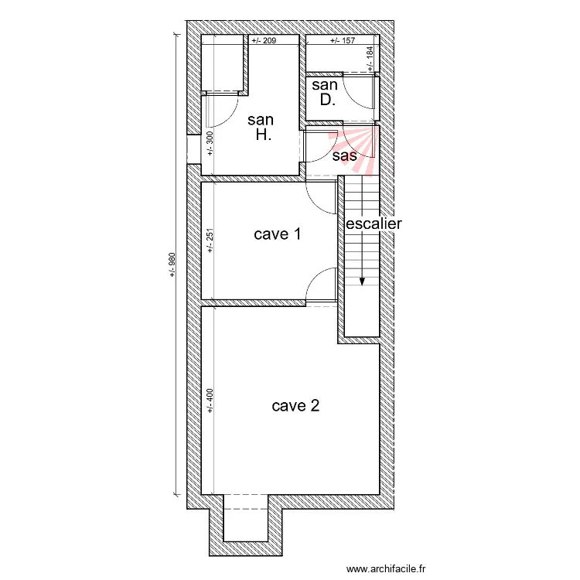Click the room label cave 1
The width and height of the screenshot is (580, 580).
click(x=277, y=234)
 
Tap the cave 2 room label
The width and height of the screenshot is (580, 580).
click(x=295, y=406)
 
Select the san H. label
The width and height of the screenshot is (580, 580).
click(x=261, y=128)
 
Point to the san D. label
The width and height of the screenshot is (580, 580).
click(x=325, y=93)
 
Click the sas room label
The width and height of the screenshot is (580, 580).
click(x=345, y=155)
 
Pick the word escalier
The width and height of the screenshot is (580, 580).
click(x=374, y=223)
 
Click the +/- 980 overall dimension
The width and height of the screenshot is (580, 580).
click(x=172, y=264)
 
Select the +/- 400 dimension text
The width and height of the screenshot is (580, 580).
click(x=210, y=401)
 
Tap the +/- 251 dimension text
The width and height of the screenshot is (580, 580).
click(x=210, y=241)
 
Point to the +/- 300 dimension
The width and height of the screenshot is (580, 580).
click(x=210, y=144)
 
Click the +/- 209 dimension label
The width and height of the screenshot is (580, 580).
click(x=264, y=40)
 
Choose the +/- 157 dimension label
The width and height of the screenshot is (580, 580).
click(x=343, y=40)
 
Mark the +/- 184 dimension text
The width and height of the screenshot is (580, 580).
click(x=370, y=59)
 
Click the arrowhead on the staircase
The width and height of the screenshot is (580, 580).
click(x=362, y=281)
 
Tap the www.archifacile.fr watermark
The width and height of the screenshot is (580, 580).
click(x=386, y=568)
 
